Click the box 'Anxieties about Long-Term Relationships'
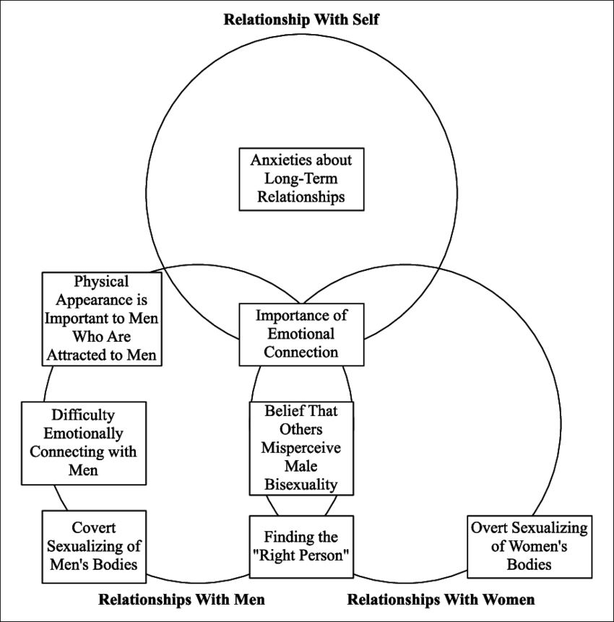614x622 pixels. [x=300, y=178]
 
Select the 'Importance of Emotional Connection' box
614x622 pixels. [x=300, y=334]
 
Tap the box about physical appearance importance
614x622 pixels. [x=101, y=319]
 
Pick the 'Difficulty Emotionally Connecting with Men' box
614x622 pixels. [x=79, y=443]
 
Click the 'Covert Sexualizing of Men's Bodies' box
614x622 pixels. [x=94, y=546]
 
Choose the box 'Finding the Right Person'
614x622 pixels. [x=301, y=547]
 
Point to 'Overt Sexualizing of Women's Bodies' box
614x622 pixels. [x=529, y=546]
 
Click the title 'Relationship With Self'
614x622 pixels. [x=301, y=19]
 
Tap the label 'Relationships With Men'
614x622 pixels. [x=181, y=600]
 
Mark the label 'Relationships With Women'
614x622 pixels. [x=441, y=600]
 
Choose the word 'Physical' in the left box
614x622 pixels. [x=101, y=282]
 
